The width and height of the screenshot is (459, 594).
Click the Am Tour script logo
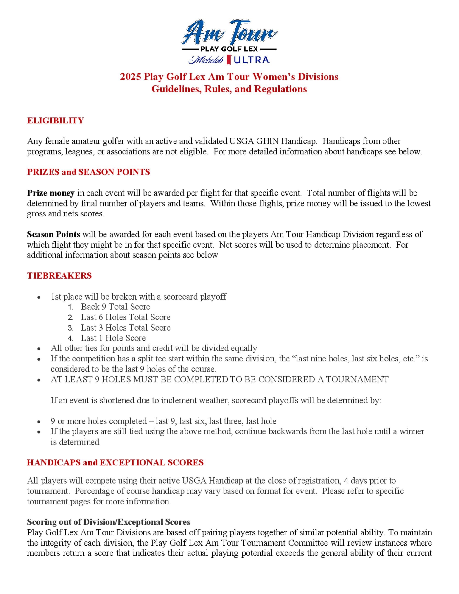(229, 33)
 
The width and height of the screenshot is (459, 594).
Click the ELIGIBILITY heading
(56, 120)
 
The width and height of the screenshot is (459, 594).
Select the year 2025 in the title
(131, 77)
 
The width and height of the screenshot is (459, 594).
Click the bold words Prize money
(50, 193)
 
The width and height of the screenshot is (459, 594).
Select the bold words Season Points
(53, 234)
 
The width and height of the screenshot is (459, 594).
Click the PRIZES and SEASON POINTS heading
(88, 172)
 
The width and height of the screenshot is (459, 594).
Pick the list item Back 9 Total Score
(115, 307)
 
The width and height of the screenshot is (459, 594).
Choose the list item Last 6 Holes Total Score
(126, 317)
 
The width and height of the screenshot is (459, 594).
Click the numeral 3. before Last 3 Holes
(70, 328)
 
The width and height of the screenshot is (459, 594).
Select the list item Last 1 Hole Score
(113, 338)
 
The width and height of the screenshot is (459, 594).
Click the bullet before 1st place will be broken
(39, 297)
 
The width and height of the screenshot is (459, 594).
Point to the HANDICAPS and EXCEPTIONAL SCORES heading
(115, 463)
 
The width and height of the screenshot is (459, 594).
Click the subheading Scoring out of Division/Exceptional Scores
(109, 522)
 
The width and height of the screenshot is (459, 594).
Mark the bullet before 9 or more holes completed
(39, 422)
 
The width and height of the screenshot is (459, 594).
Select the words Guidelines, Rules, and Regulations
(229, 89)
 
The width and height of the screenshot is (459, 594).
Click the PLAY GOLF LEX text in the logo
(229, 49)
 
